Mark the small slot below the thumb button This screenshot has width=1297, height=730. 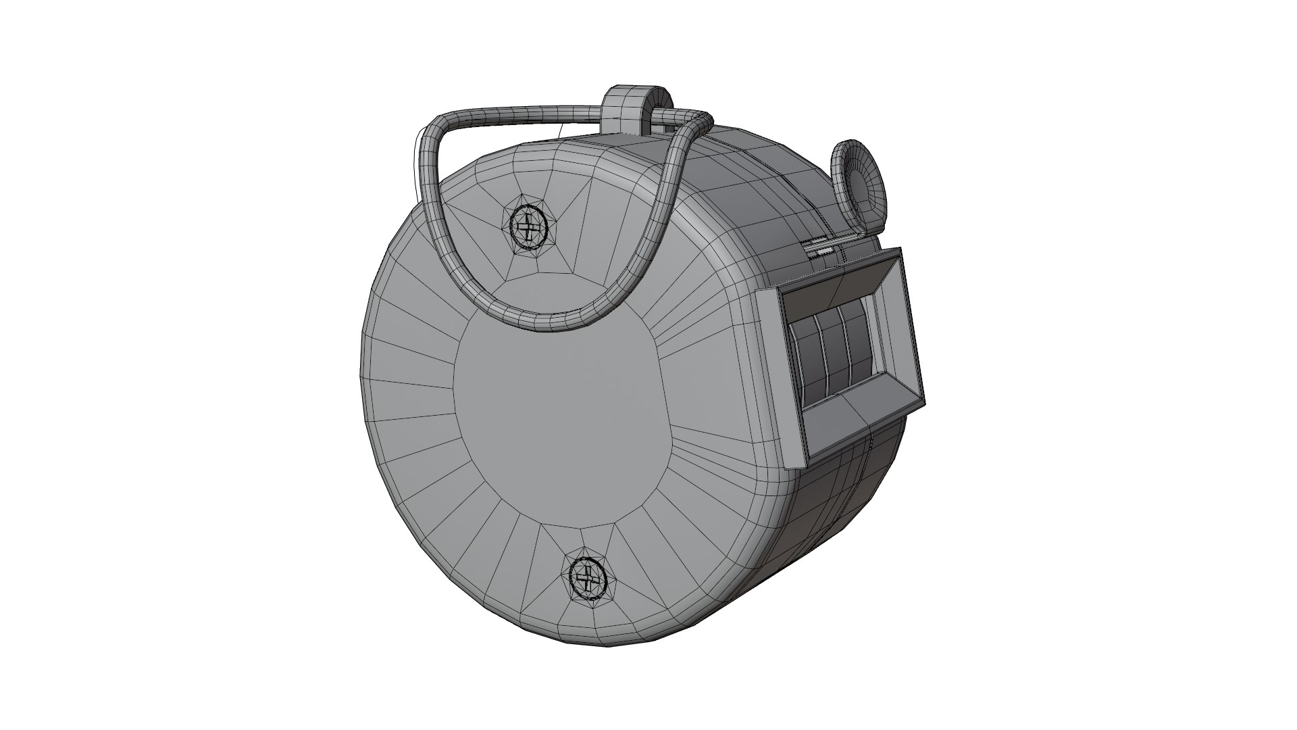824,250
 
